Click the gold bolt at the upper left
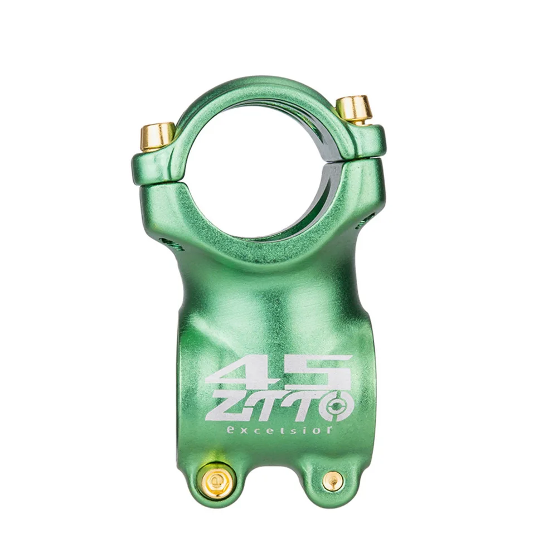click(x=157, y=137)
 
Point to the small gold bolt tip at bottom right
click(x=333, y=481)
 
